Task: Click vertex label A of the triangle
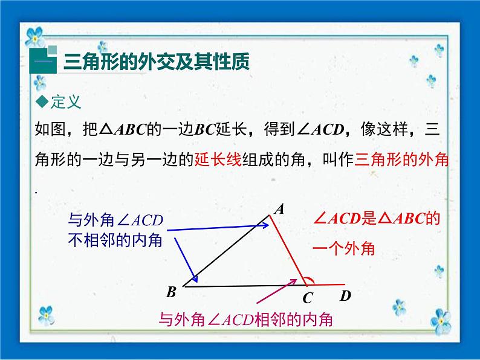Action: pyautogui.click(x=279, y=209)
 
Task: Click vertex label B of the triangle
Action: pyautogui.click(x=171, y=292)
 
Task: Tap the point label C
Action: pyautogui.click(x=307, y=298)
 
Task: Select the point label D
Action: pyautogui.click(x=345, y=296)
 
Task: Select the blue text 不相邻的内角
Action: pyautogui.click(x=115, y=240)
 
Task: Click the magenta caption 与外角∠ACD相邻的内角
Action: pyautogui.click(x=245, y=320)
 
